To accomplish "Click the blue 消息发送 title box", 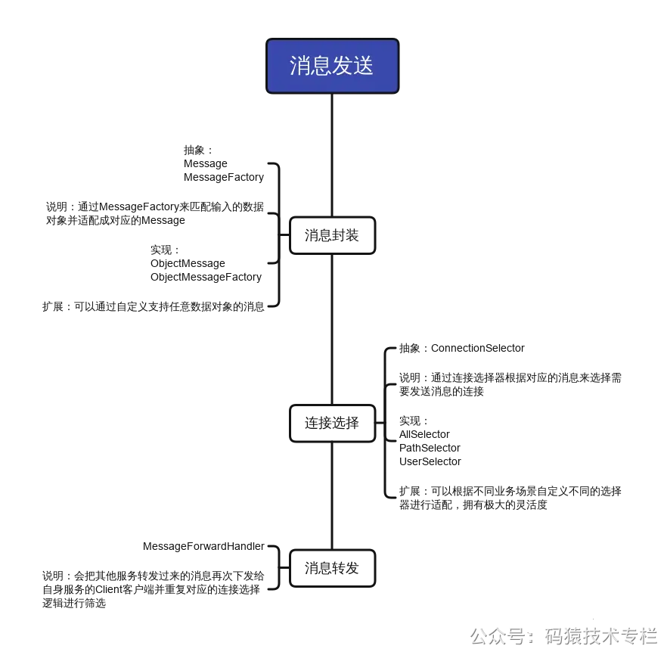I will coord(332,66).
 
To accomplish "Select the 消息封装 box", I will coord(332,235).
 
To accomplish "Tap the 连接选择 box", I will coord(332,423).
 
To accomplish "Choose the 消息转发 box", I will coord(332,568).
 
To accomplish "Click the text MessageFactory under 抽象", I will coord(224,177).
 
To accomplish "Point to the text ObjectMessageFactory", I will coord(206,277).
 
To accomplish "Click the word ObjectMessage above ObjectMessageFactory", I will coord(188,263).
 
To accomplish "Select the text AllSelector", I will coord(424,434).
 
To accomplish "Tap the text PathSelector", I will coord(430,448).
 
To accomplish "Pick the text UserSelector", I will coord(430,461).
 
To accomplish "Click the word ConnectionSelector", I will coord(478,348).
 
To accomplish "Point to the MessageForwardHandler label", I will coord(203,546).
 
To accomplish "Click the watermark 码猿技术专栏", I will coord(600,635).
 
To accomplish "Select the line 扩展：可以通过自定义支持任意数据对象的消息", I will coord(154,306).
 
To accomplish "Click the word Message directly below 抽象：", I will coord(206,163).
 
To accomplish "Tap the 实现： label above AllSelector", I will coord(414,421).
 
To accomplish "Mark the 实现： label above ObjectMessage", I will coord(166,250).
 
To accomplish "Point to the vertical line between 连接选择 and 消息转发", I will coord(332,495).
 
